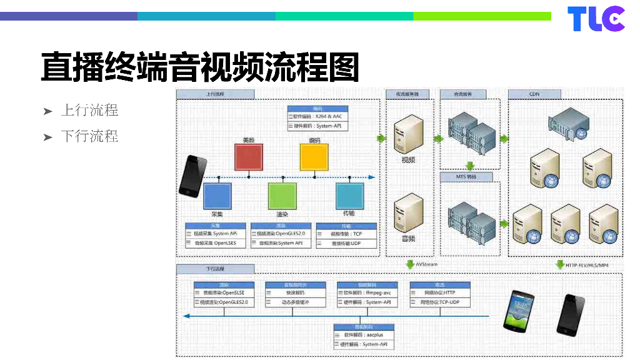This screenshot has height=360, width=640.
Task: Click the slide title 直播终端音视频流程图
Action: pos(199,67)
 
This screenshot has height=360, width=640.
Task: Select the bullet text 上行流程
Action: pos(89,111)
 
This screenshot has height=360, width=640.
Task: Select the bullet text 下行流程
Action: pos(89,136)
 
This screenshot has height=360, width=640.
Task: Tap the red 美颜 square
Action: pos(249,156)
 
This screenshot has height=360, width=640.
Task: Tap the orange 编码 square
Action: pos(314,156)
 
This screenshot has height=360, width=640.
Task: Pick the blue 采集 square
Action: pos(217,195)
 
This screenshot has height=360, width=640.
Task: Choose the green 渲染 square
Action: pos(282,195)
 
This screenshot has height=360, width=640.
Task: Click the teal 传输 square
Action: pos(349,195)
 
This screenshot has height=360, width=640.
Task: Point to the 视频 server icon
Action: pos(407,137)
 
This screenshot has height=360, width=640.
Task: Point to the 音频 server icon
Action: pos(407,214)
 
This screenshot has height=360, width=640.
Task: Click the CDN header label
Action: pos(534,94)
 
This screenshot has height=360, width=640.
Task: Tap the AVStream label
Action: pos(427,265)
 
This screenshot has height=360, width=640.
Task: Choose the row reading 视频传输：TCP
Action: pos(347,234)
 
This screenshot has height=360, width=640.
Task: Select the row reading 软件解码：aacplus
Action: pos(364,335)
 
